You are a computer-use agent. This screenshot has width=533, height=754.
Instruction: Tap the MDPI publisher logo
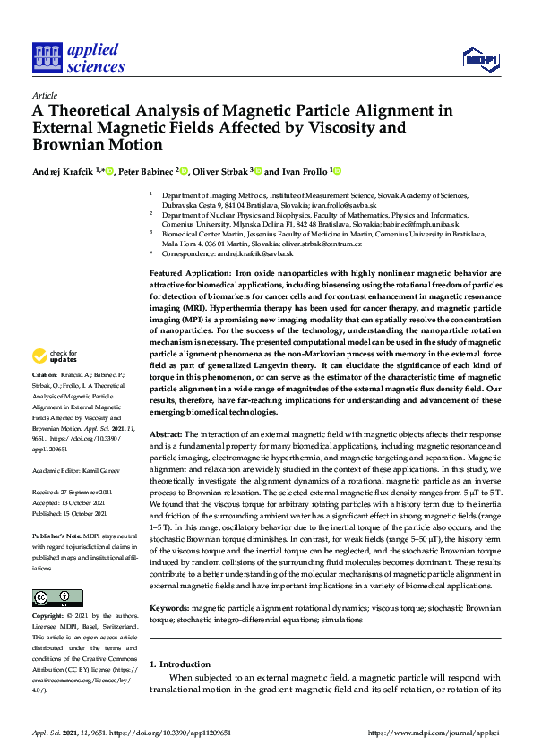click(x=479, y=59)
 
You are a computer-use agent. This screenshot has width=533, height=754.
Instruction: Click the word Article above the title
click(x=44, y=95)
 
